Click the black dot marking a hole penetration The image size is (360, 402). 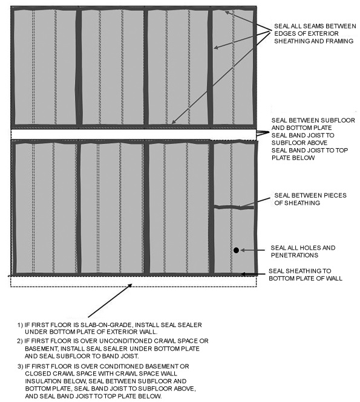[237, 249]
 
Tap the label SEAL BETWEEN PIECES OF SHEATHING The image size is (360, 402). [306, 199]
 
